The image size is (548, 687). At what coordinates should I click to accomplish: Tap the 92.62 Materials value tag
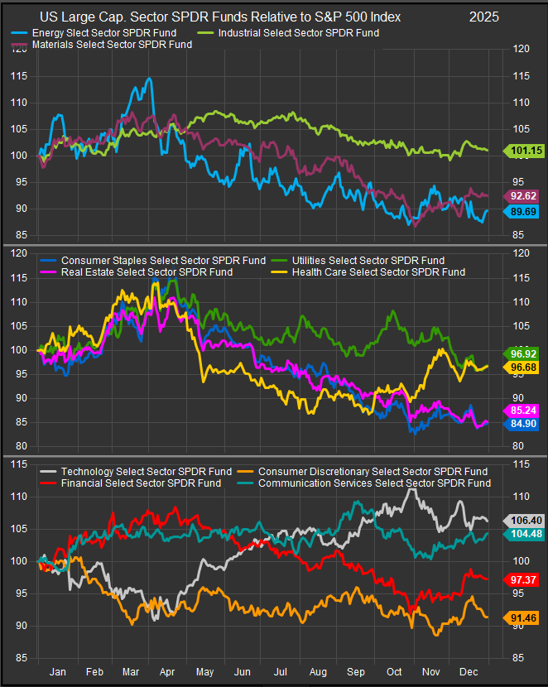[522, 196]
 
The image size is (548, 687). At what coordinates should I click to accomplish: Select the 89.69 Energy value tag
[522, 212]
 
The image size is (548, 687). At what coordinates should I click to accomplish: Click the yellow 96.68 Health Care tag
[522, 368]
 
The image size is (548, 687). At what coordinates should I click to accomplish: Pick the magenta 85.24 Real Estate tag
[522, 410]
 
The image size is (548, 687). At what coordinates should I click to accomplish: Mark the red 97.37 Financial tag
[522, 579]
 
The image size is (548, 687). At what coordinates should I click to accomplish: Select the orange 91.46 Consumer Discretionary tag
[522, 617]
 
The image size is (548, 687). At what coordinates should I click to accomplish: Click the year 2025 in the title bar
[484, 17]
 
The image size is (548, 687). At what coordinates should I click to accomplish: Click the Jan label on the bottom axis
[57, 674]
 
